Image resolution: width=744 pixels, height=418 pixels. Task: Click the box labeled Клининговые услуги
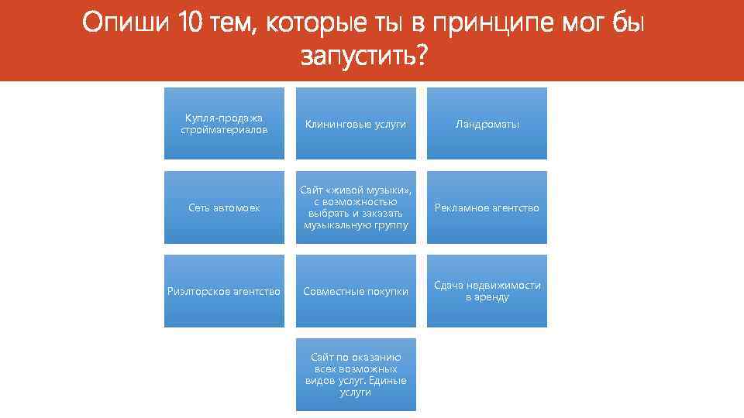click(356, 124)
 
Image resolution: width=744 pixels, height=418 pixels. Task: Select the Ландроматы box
click(487, 124)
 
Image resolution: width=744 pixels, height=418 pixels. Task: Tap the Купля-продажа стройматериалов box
click(224, 124)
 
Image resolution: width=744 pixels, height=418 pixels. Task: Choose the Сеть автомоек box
click(224, 207)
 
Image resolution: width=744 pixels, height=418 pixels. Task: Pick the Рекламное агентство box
click(487, 207)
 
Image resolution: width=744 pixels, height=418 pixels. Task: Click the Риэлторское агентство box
click(224, 291)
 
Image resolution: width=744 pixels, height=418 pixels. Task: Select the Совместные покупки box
click(356, 291)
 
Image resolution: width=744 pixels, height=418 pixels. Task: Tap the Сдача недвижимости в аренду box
click(487, 291)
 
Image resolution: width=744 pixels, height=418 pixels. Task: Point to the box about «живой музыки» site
click(356, 207)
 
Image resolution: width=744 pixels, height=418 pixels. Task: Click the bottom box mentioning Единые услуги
click(356, 375)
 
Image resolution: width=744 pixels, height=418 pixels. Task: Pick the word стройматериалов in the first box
click(224, 130)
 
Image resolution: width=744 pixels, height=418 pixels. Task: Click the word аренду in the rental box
click(487, 297)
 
